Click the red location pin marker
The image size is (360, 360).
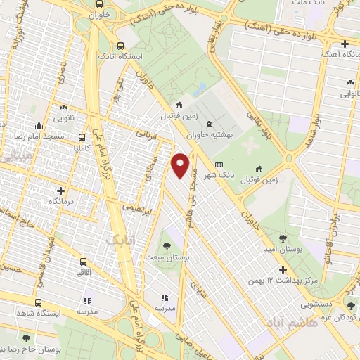pyautogui.click(x=181, y=165)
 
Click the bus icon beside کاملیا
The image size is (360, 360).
pyautogui.click(x=83, y=137)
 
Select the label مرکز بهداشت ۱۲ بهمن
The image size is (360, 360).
pyautogui.click(x=285, y=281)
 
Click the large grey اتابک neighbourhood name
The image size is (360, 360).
pyautogui.click(x=118, y=241)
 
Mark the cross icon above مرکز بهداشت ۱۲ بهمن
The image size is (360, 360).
pyautogui.click(x=283, y=269)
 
